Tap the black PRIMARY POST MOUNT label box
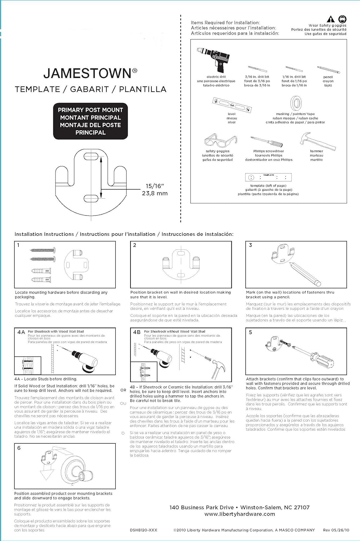[90, 121]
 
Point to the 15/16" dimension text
[155, 186]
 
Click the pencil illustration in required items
[328, 70]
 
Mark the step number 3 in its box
[250, 245]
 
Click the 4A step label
[21, 332]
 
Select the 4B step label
[137, 332]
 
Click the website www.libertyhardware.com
[240, 514]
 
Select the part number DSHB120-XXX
[143, 530]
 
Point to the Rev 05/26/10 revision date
[336, 530]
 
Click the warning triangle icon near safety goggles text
[330, 19]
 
